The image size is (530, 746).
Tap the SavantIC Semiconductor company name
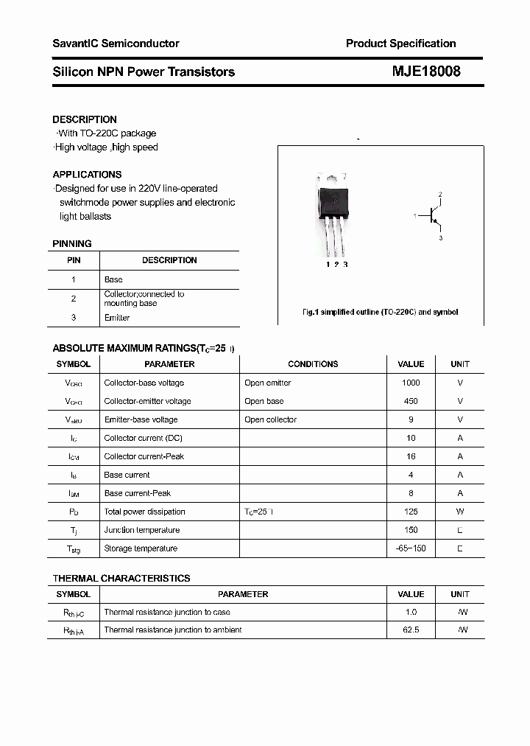[x=116, y=43]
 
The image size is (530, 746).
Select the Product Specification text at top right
[x=400, y=43]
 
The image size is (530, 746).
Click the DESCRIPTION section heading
[x=85, y=119]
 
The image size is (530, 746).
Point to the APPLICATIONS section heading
[x=87, y=175]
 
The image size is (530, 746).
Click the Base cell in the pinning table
[x=113, y=280]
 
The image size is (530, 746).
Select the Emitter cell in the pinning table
[x=117, y=318]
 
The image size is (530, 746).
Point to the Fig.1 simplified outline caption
[x=380, y=312]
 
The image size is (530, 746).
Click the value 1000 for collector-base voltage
[x=411, y=383]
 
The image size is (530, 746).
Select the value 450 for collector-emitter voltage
[x=411, y=401]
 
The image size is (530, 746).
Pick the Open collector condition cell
[x=270, y=419]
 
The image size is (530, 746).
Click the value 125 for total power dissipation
[x=411, y=512]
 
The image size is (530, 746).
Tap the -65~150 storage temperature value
[x=411, y=548]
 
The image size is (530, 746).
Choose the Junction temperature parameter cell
[x=141, y=530]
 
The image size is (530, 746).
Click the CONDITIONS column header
[x=313, y=364]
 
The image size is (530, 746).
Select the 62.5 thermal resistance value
[x=411, y=630]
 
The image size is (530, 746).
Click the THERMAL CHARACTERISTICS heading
[x=121, y=579]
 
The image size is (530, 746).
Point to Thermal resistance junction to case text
[x=167, y=613]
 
